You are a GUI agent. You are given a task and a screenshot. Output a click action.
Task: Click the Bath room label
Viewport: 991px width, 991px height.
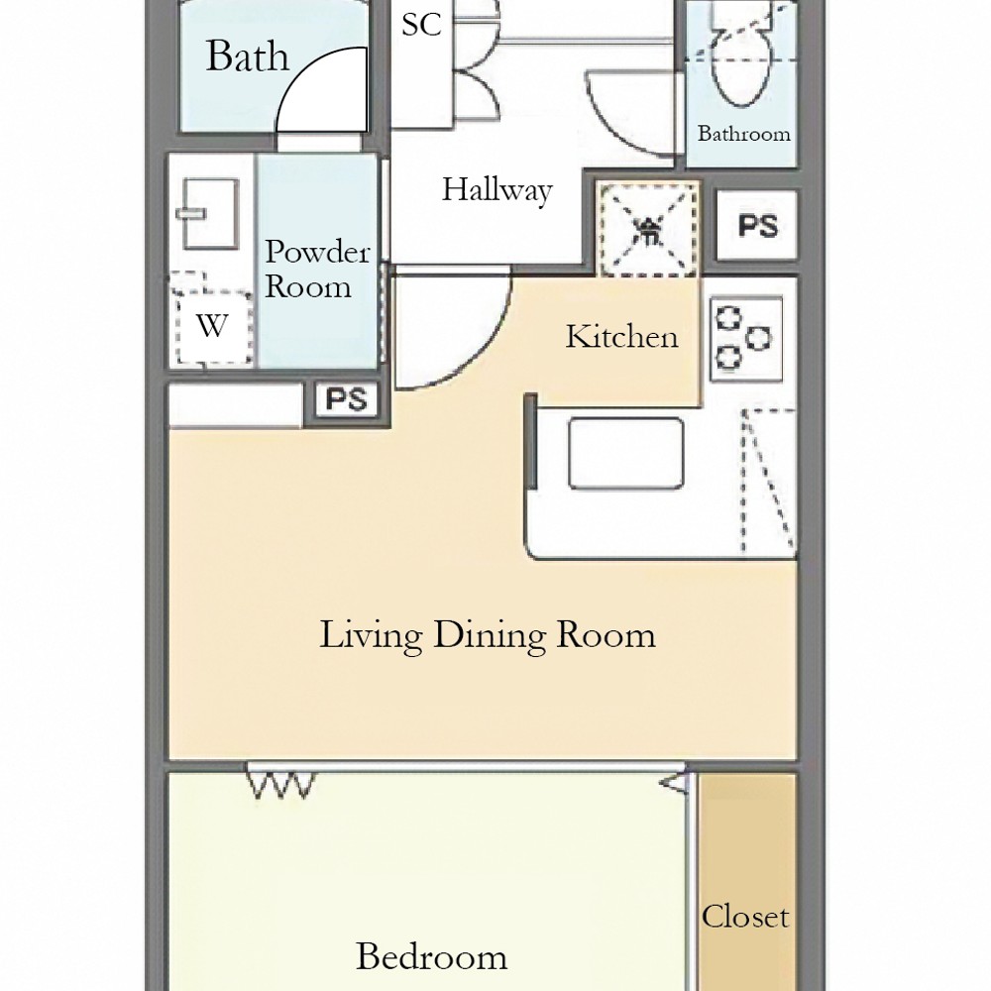pyautogui.click(x=248, y=55)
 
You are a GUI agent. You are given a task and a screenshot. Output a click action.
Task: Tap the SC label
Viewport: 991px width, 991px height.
pyautogui.click(x=421, y=24)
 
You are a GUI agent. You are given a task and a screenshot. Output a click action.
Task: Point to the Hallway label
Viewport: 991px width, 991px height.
pyautogui.click(x=496, y=189)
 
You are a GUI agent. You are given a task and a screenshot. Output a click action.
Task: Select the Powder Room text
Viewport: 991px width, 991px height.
pyautogui.click(x=317, y=269)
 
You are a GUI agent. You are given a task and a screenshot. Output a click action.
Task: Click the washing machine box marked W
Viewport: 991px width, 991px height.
pyautogui.click(x=212, y=326)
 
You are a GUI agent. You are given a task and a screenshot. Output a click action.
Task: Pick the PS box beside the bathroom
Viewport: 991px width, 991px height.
pyautogui.click(x=757, y=226)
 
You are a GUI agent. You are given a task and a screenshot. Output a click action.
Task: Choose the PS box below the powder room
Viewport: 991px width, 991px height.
pyautogui.click(x=346, y=398)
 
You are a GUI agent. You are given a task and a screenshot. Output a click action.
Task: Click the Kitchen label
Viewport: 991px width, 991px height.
pyautogui.click(x=621, y=336)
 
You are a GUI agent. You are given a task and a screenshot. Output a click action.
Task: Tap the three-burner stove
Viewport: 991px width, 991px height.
pyautogui.click(x=746, y=339)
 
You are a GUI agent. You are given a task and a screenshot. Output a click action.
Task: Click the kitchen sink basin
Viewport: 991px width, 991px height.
pyautogui.click(x=625, y=453)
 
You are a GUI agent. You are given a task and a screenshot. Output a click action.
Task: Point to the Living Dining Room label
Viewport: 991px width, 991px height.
pyautogui.click(x=488, y=635)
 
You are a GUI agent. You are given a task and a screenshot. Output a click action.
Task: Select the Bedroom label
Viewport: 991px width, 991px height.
pyautogui.click(x=432, y=956)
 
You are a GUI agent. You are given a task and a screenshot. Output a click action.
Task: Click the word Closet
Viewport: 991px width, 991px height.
pyautogui.click(x=745, y=916)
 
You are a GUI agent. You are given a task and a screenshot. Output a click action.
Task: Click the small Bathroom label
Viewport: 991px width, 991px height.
pyautogui.click(x=744, y=134)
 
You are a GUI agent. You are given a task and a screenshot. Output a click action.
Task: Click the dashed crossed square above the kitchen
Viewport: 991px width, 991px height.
pyautogui.click(x=649, y=230)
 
